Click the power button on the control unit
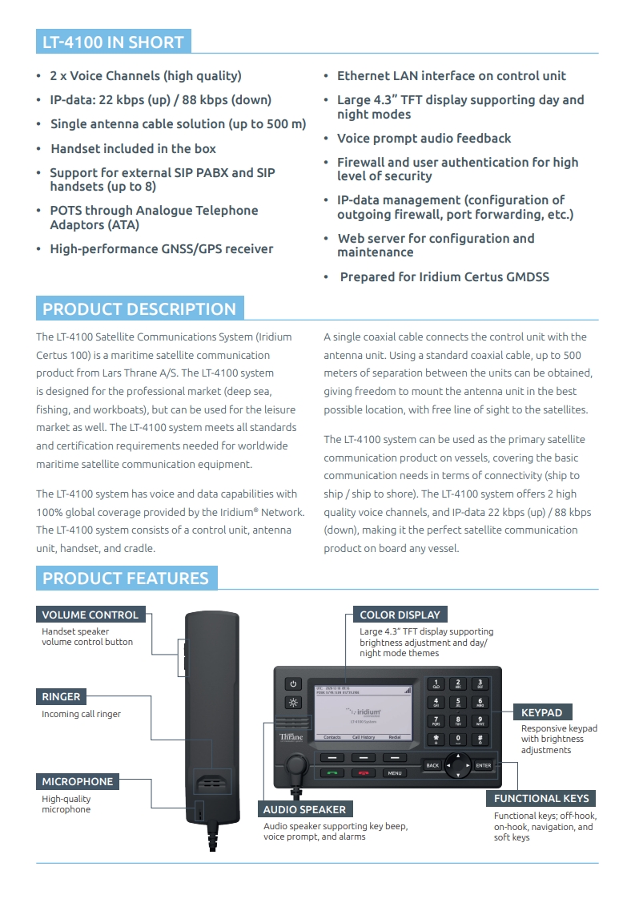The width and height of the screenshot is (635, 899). coord(293,683)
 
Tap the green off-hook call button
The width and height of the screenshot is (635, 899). coord(334,773)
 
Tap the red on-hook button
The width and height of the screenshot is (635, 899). coord(364,773)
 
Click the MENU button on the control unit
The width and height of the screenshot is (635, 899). coord(395,773)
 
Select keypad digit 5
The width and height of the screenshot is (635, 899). coord(458,702)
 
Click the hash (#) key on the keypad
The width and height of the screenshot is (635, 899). coord(479,739)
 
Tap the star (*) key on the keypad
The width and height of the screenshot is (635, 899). coord(436,739)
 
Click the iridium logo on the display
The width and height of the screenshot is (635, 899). coord(364,711)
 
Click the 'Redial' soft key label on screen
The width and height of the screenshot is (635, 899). coord(394,737)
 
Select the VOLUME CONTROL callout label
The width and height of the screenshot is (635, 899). coord(90,615)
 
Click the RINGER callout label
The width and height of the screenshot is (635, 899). coord(62,697)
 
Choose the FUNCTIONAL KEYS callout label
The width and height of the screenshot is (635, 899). coord(541,798)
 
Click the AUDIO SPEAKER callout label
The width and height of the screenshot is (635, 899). coord(305,809)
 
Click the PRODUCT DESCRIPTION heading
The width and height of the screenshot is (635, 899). coord(139,309)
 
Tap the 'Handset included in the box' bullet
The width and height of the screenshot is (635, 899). coord(133,148)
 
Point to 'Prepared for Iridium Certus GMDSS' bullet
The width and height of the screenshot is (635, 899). coord(444,277)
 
